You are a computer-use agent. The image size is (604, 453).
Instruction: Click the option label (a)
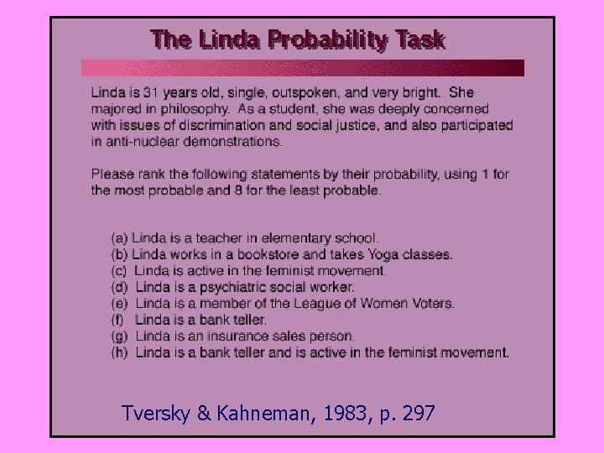[120, 238]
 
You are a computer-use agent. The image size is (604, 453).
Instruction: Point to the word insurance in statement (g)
[238, 336]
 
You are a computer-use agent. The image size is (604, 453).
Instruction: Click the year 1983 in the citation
[321, 413]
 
